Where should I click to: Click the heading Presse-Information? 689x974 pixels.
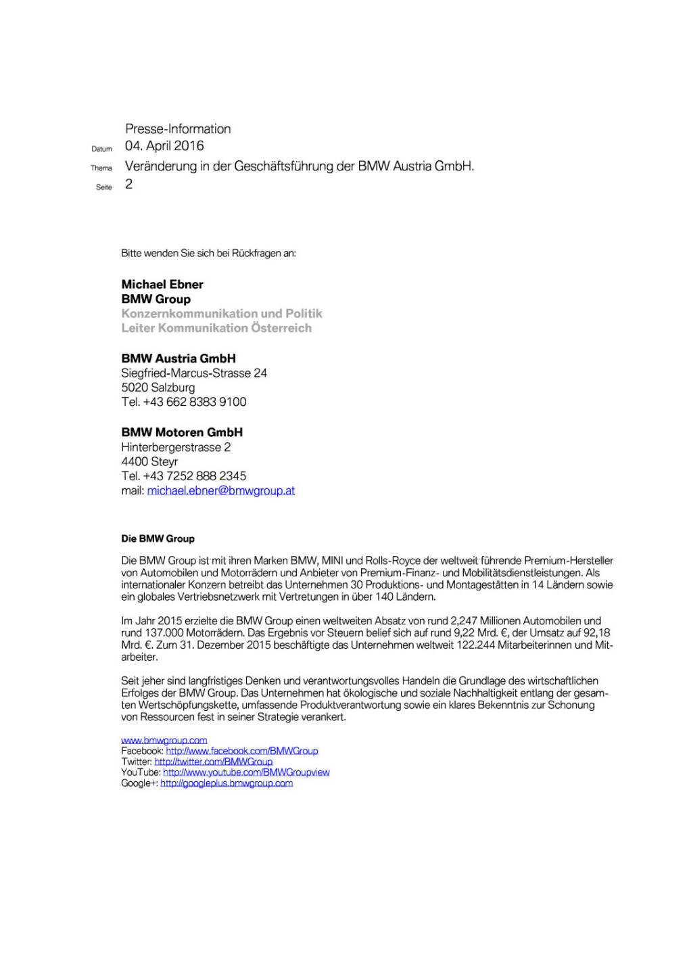click(178, 129)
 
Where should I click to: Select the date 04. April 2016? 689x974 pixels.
click(164, 146)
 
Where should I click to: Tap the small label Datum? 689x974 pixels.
click(101, 149)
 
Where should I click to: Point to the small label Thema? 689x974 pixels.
click(101, 168)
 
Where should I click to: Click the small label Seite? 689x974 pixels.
click(103, 187)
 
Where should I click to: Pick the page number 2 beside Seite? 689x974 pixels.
click(128, 185)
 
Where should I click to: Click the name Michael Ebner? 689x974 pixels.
click(162, 284)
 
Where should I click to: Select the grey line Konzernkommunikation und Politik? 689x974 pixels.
click(222, 313)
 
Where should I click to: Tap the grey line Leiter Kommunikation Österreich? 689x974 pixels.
click(216, 328)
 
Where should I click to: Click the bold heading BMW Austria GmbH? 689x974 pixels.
click(179, 358)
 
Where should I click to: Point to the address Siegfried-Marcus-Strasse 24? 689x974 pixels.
click(194, 373)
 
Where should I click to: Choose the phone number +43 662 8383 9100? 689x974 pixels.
click(195, 402)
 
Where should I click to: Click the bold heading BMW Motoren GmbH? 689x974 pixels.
click(182, 432)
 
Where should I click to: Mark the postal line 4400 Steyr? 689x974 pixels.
click(149, 461)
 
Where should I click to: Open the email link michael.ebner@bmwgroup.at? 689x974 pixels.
click(221, 490)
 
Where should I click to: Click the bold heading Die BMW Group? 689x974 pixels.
click(158, 538)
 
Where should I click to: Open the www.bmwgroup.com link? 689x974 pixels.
click(164, 740)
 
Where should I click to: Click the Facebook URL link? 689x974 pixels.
click(242, 751)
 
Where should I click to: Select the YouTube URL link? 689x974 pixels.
click(246, 772)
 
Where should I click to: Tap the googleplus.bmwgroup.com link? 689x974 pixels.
click(227, 783)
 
